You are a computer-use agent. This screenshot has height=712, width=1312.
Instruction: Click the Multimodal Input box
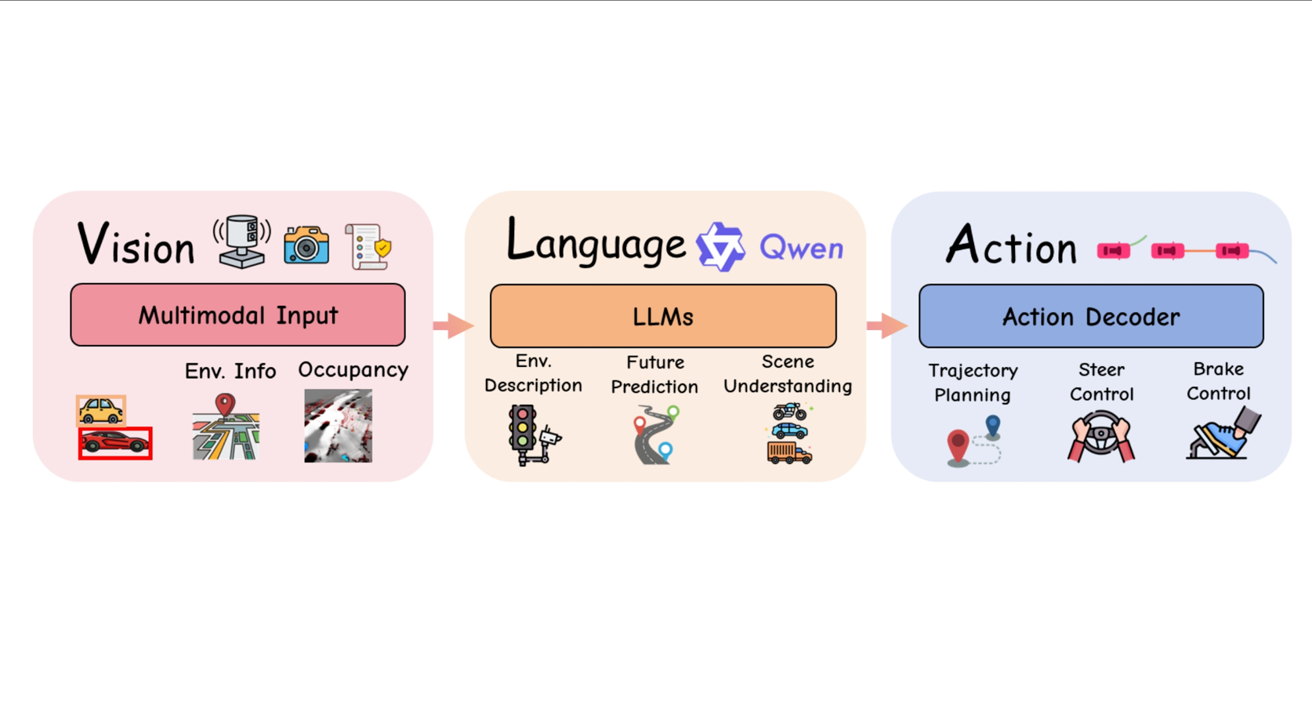click(x=237, y=314)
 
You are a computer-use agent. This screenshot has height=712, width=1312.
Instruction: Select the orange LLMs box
click(x=663, y=316)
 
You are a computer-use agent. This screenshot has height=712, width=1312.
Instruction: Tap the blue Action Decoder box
click(x=1091, y=316)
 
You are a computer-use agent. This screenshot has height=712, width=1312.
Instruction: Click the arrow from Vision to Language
click(x=453, y=325)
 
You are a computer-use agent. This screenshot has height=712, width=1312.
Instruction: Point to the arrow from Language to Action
click(x=886, y=325)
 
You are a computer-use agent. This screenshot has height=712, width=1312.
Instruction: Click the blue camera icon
click(x=306, y=245)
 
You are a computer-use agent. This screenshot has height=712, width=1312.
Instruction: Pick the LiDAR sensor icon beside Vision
click(x=242, y=242)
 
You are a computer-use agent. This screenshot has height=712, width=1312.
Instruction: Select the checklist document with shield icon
click(x=368, y=247)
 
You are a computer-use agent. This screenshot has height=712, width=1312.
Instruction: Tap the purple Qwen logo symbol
click(x=721, y=247)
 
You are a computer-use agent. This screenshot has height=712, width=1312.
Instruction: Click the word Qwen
click(x=801, y=248)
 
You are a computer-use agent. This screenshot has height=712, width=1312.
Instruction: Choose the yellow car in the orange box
click(x=101, y=410)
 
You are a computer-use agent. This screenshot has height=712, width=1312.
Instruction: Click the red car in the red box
click(x=115, y=442)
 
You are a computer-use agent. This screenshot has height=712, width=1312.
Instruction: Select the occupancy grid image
click(x=338, y=426)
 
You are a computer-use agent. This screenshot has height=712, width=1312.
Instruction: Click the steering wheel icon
click(x=1101, y=436)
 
